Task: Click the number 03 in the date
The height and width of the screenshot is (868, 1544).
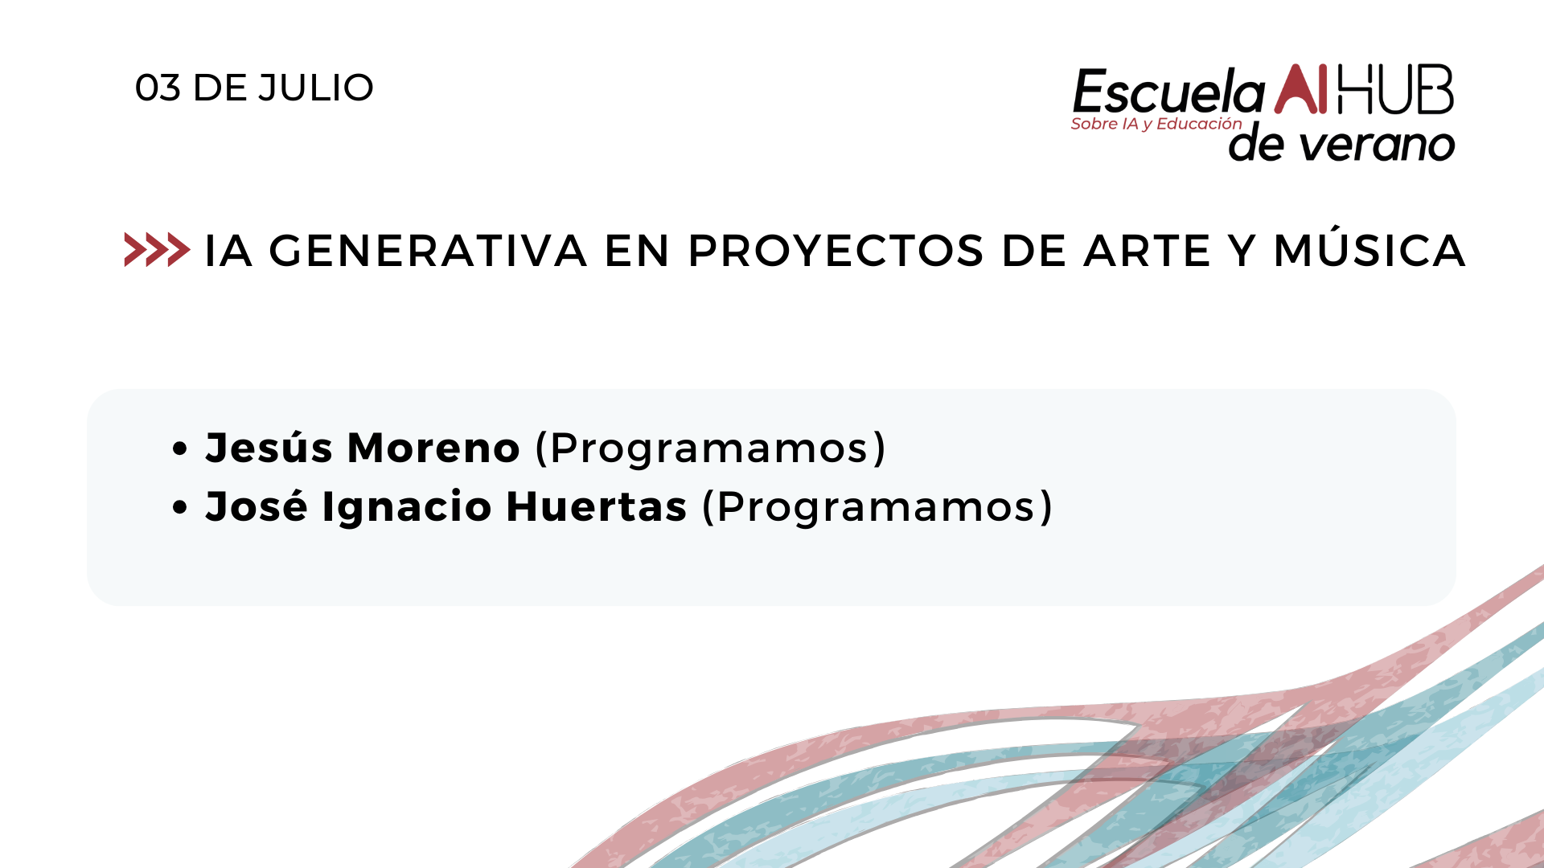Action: point(158,88)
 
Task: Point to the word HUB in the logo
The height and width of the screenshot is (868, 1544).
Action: point(1395,88)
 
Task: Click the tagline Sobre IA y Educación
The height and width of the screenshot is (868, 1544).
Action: point(1156,124)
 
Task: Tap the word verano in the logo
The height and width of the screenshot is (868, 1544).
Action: point(1378,145)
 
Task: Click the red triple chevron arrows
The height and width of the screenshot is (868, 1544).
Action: point(157,249)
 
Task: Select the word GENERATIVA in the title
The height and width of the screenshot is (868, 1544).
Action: point(428,250)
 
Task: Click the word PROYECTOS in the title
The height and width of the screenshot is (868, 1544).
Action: point(836,250)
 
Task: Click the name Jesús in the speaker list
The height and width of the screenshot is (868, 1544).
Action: point(269,447)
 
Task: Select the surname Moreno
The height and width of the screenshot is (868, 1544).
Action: point(433,448)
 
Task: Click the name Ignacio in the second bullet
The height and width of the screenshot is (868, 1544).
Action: point(406,506)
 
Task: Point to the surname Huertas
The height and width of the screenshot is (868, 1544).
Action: point(597,506)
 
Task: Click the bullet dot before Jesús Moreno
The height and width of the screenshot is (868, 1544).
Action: point(180,448)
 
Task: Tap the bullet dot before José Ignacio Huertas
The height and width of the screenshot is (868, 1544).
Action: point(180,507)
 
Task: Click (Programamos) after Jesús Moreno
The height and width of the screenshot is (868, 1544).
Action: point(710,448)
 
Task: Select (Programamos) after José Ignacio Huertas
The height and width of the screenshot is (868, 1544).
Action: point(877,507)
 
